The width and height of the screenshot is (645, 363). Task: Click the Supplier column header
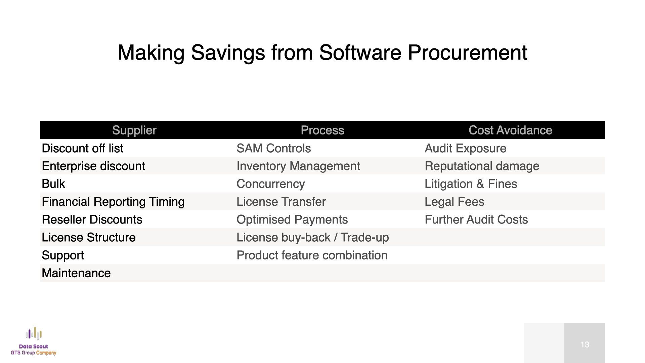(134, 130)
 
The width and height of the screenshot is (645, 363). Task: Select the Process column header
(322, 130)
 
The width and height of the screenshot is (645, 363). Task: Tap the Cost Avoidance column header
(510, 130)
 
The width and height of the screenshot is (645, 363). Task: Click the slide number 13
(585, 345)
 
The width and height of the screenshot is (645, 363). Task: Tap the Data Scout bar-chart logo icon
(34, 333)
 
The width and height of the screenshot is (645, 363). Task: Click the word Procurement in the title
(467, 52)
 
